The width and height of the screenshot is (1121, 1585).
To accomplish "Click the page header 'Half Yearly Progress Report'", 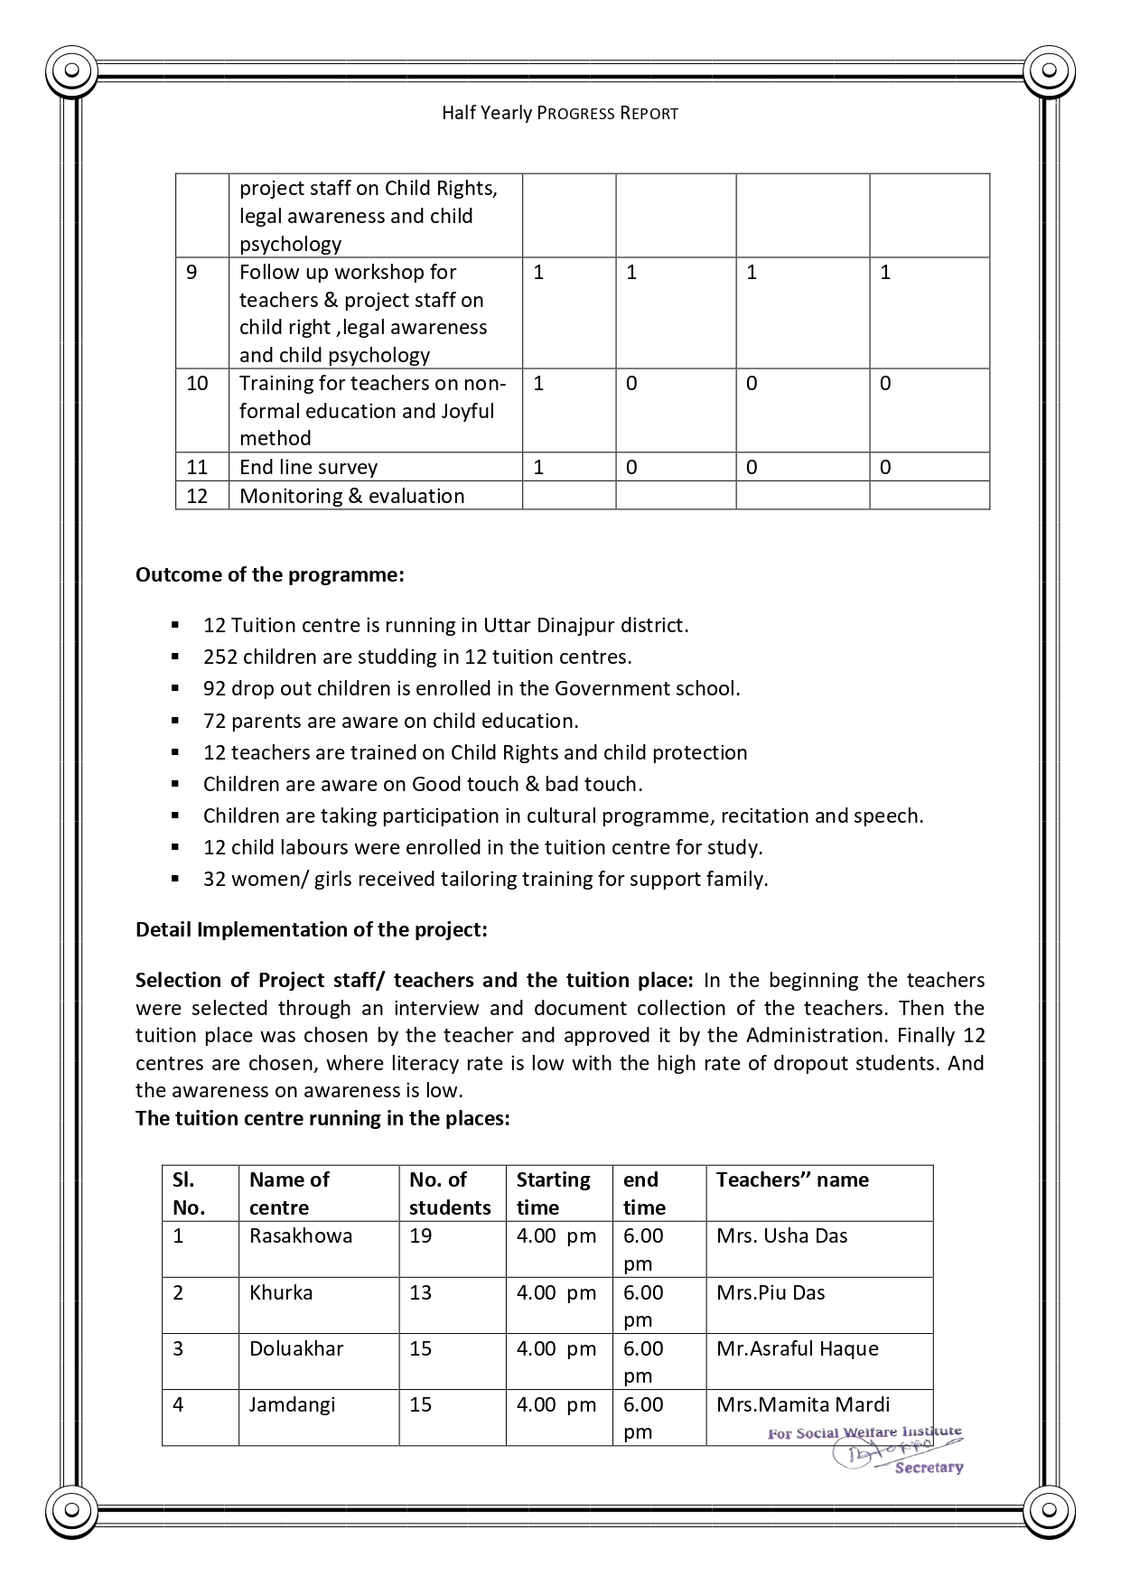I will (x=560, y=113).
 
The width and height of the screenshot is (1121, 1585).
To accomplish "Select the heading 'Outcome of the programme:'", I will (x=269, y=574).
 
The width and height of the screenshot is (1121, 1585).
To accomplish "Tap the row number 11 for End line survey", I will (x=197, y=467).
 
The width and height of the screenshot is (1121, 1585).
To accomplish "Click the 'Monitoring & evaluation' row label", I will (x=351, y=496).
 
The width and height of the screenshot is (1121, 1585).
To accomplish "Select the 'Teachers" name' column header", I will (x=792, y=1179).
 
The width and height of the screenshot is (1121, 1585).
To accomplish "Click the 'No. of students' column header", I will (x=450, y=1193).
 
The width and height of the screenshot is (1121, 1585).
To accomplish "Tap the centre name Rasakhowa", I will (x=301, y=1235).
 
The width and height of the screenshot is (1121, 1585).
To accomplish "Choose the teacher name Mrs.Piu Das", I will (x=771, y=1292).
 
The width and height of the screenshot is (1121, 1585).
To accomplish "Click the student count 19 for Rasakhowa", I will (x=421, y=1235).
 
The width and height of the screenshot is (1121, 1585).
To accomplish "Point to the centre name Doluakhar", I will (x=296, y=1348).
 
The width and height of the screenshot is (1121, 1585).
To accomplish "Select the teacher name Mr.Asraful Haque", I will (x=797, y=1348).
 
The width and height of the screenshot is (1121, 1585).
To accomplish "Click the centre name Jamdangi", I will (x=292, y=1404).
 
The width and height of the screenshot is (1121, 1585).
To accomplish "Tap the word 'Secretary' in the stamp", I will (x=929, y=1468).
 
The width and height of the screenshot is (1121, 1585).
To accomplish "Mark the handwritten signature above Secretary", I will (x=868, y=1450).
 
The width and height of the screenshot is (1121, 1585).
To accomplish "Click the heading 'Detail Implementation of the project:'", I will (x=312, y=929).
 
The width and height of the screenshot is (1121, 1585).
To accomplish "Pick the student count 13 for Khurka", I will (x=421, y=1292).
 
